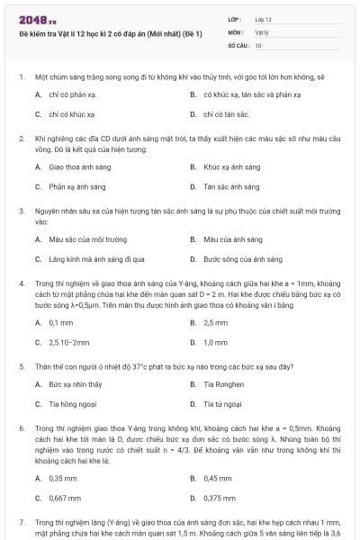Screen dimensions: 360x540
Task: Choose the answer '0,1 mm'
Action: coord(60,322)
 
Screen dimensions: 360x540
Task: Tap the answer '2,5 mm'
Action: coord(215,322)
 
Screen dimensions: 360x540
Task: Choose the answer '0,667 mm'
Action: coord(64,498)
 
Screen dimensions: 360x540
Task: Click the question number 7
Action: coord(21,522)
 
